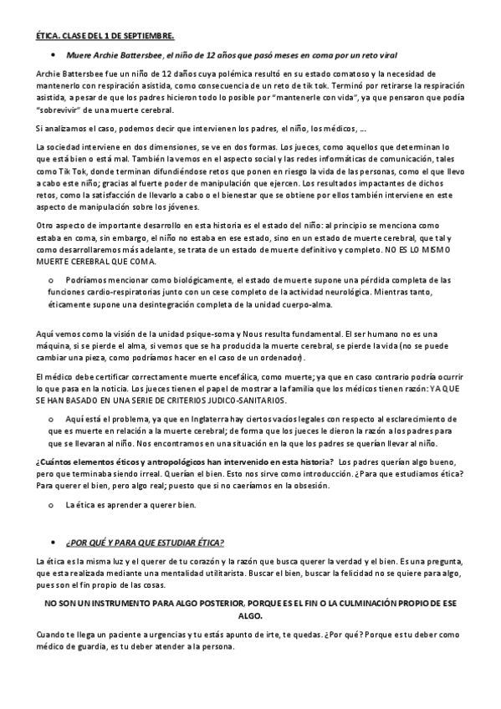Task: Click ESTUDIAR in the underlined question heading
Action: click(175, 542)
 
